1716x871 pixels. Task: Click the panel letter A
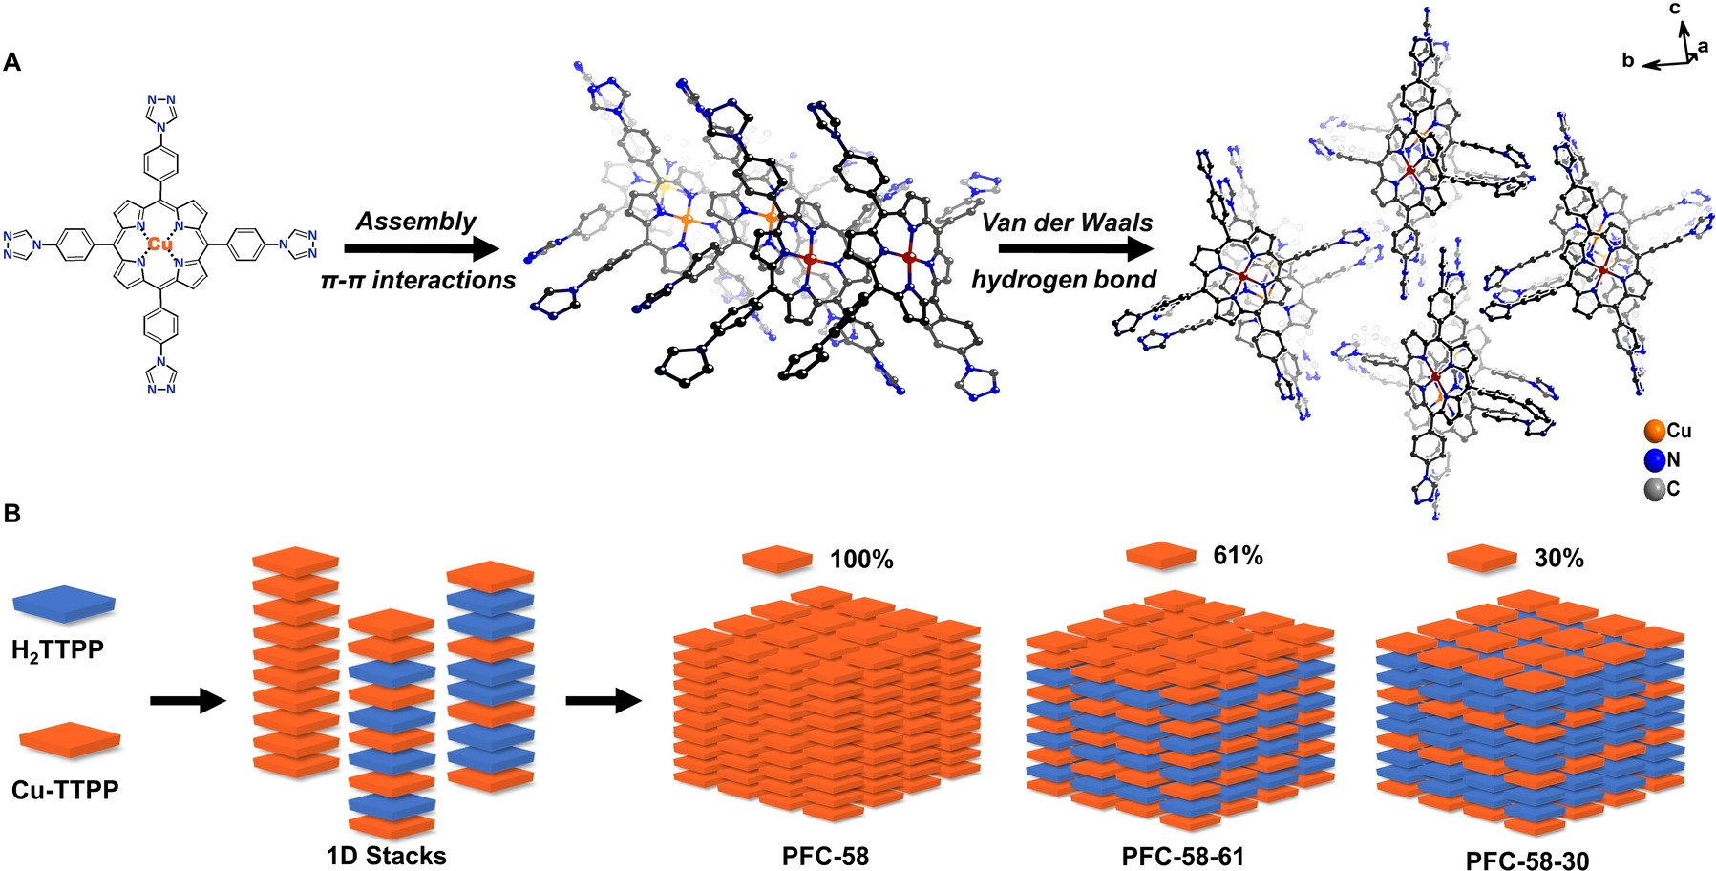(x=12, y=63)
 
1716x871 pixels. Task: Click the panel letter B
(x=12, y=514)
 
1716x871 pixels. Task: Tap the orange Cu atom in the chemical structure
(x=160, y=245)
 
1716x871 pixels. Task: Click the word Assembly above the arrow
(x=415, y=222)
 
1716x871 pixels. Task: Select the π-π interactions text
(x=418, y=280)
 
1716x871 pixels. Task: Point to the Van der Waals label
(x=1067, y=223)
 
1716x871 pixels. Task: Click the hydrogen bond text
(x=1064, y=280)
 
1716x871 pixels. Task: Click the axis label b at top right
(x=1628, y=61)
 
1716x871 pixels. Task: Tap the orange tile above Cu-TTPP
(x=70, y=739)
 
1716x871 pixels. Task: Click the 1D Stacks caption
(x=386, y=855)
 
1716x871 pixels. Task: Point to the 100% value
(x=861, y=560)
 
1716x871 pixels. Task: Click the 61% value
(x=1238, y=555)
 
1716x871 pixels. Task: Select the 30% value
(x=1558, y=559)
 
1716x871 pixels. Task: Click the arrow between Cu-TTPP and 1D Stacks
(x=187, y=702)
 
